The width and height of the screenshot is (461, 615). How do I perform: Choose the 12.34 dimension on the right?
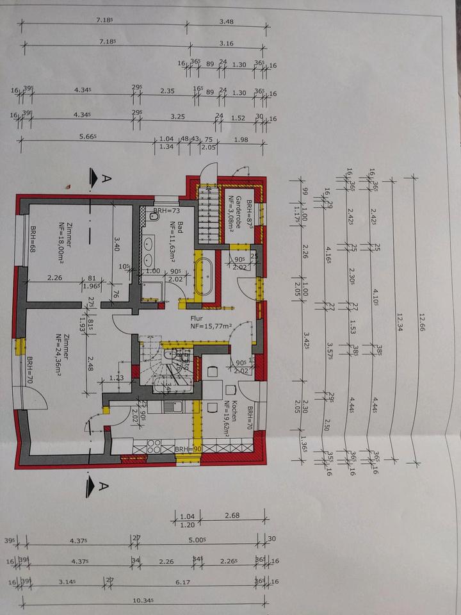399,318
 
